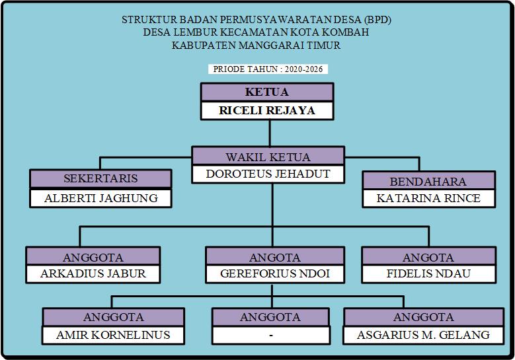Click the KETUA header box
pyautogui.click(x=266, y=92)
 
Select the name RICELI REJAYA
pyautogui.click(x=266, y=110)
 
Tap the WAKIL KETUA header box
pyautogui.click(x=268, y=157)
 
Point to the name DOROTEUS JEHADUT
pyautogui.click(x=268, y=174)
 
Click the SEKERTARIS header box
pyautogui.click(x=100, y=178)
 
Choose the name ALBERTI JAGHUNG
pyautogui.click(x=100, y=198)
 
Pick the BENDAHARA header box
pyautogui.click(x=428, y=181)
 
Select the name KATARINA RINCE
pyautogui.click(x=428, y=198)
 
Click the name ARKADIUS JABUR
pyautogui.click(x=93, y=273)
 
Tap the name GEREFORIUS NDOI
pyautogui.click(x=274, y=273)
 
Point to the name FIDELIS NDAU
pyautogui.click(x=428, y=273)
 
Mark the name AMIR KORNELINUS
pyautogui.click(x=113, y=334)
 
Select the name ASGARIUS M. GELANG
pyautogui.click(x=423, y=334)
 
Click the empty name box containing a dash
pyautogui.click(x=270, y=335)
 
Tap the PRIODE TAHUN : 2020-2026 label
pyautogui.click(x=268, y=69)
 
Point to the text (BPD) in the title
pyautogui.click(x=377, y=20)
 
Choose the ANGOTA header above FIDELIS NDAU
pyautogui.click(x=428, y=257)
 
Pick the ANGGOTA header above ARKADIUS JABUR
pyautogui.click(x=93, y=257)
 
